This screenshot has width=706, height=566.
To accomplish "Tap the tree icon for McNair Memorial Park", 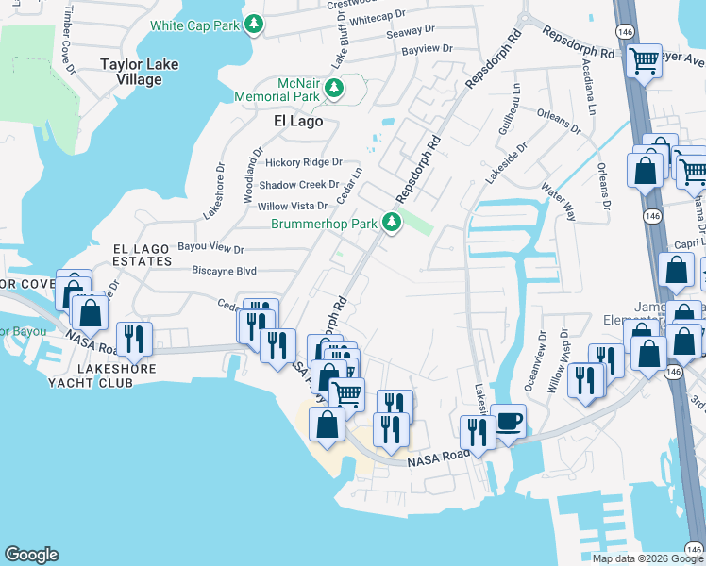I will (333, 89).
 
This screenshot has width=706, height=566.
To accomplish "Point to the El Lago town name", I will (297, 121).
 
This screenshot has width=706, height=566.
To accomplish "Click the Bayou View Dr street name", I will (210, 249).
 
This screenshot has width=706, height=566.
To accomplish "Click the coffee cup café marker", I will (508, 420).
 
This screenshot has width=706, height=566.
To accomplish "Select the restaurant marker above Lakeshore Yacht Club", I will (133, 340).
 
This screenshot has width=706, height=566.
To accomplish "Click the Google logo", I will (31, 555).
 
